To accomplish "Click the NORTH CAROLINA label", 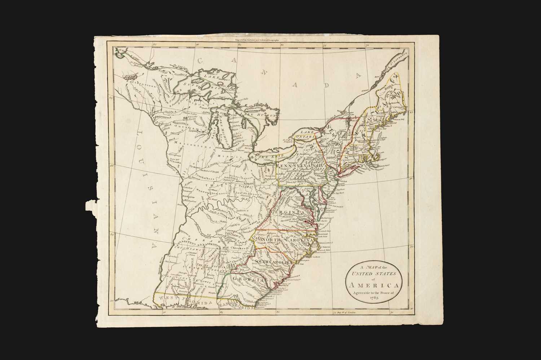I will [286, 240].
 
